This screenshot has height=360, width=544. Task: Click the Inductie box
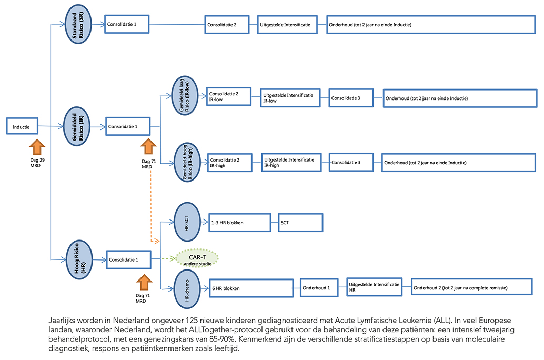22,126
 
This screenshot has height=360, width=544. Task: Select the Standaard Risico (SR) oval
78,24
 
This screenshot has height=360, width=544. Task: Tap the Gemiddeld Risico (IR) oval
77,126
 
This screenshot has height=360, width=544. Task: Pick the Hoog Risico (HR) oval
79,259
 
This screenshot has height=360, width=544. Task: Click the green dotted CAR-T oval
197,258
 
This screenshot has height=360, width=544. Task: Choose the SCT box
301,223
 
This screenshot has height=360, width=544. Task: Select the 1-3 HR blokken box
240,223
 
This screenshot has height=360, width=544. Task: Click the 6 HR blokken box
251,288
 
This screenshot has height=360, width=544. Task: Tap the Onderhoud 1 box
319,288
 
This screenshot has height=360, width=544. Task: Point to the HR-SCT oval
187,222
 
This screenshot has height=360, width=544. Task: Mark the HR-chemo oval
187,289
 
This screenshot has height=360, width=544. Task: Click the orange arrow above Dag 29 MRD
37,147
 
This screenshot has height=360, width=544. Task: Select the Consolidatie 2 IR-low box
229,96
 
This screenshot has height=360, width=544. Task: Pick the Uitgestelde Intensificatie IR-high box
291,162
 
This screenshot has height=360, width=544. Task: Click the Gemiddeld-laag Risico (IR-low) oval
185,95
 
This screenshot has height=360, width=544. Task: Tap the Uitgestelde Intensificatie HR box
375,287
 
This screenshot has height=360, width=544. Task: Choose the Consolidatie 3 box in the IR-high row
351,162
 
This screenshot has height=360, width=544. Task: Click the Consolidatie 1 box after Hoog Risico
129,259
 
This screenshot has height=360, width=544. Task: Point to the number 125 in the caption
192,321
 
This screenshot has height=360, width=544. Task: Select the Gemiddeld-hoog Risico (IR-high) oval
187,162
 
